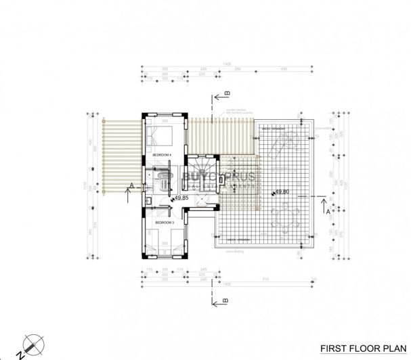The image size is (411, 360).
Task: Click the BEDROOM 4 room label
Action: tap(162, 155)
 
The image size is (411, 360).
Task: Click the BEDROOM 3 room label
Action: tap(165, 222)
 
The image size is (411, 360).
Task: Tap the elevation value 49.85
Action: tap(181, 199)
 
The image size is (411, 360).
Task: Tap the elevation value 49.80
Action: tap(282, 192)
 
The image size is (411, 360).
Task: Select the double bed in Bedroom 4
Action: tap(162, 135)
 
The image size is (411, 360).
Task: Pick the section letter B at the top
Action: tap(228, 93)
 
